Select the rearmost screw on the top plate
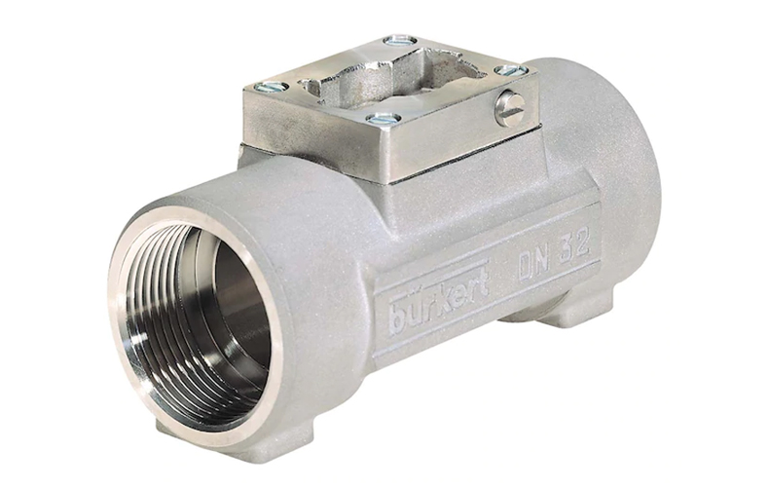coord(401,41)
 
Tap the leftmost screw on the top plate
coord(273,88)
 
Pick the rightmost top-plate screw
coord(509,71)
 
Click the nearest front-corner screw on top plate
coord(384,118)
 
